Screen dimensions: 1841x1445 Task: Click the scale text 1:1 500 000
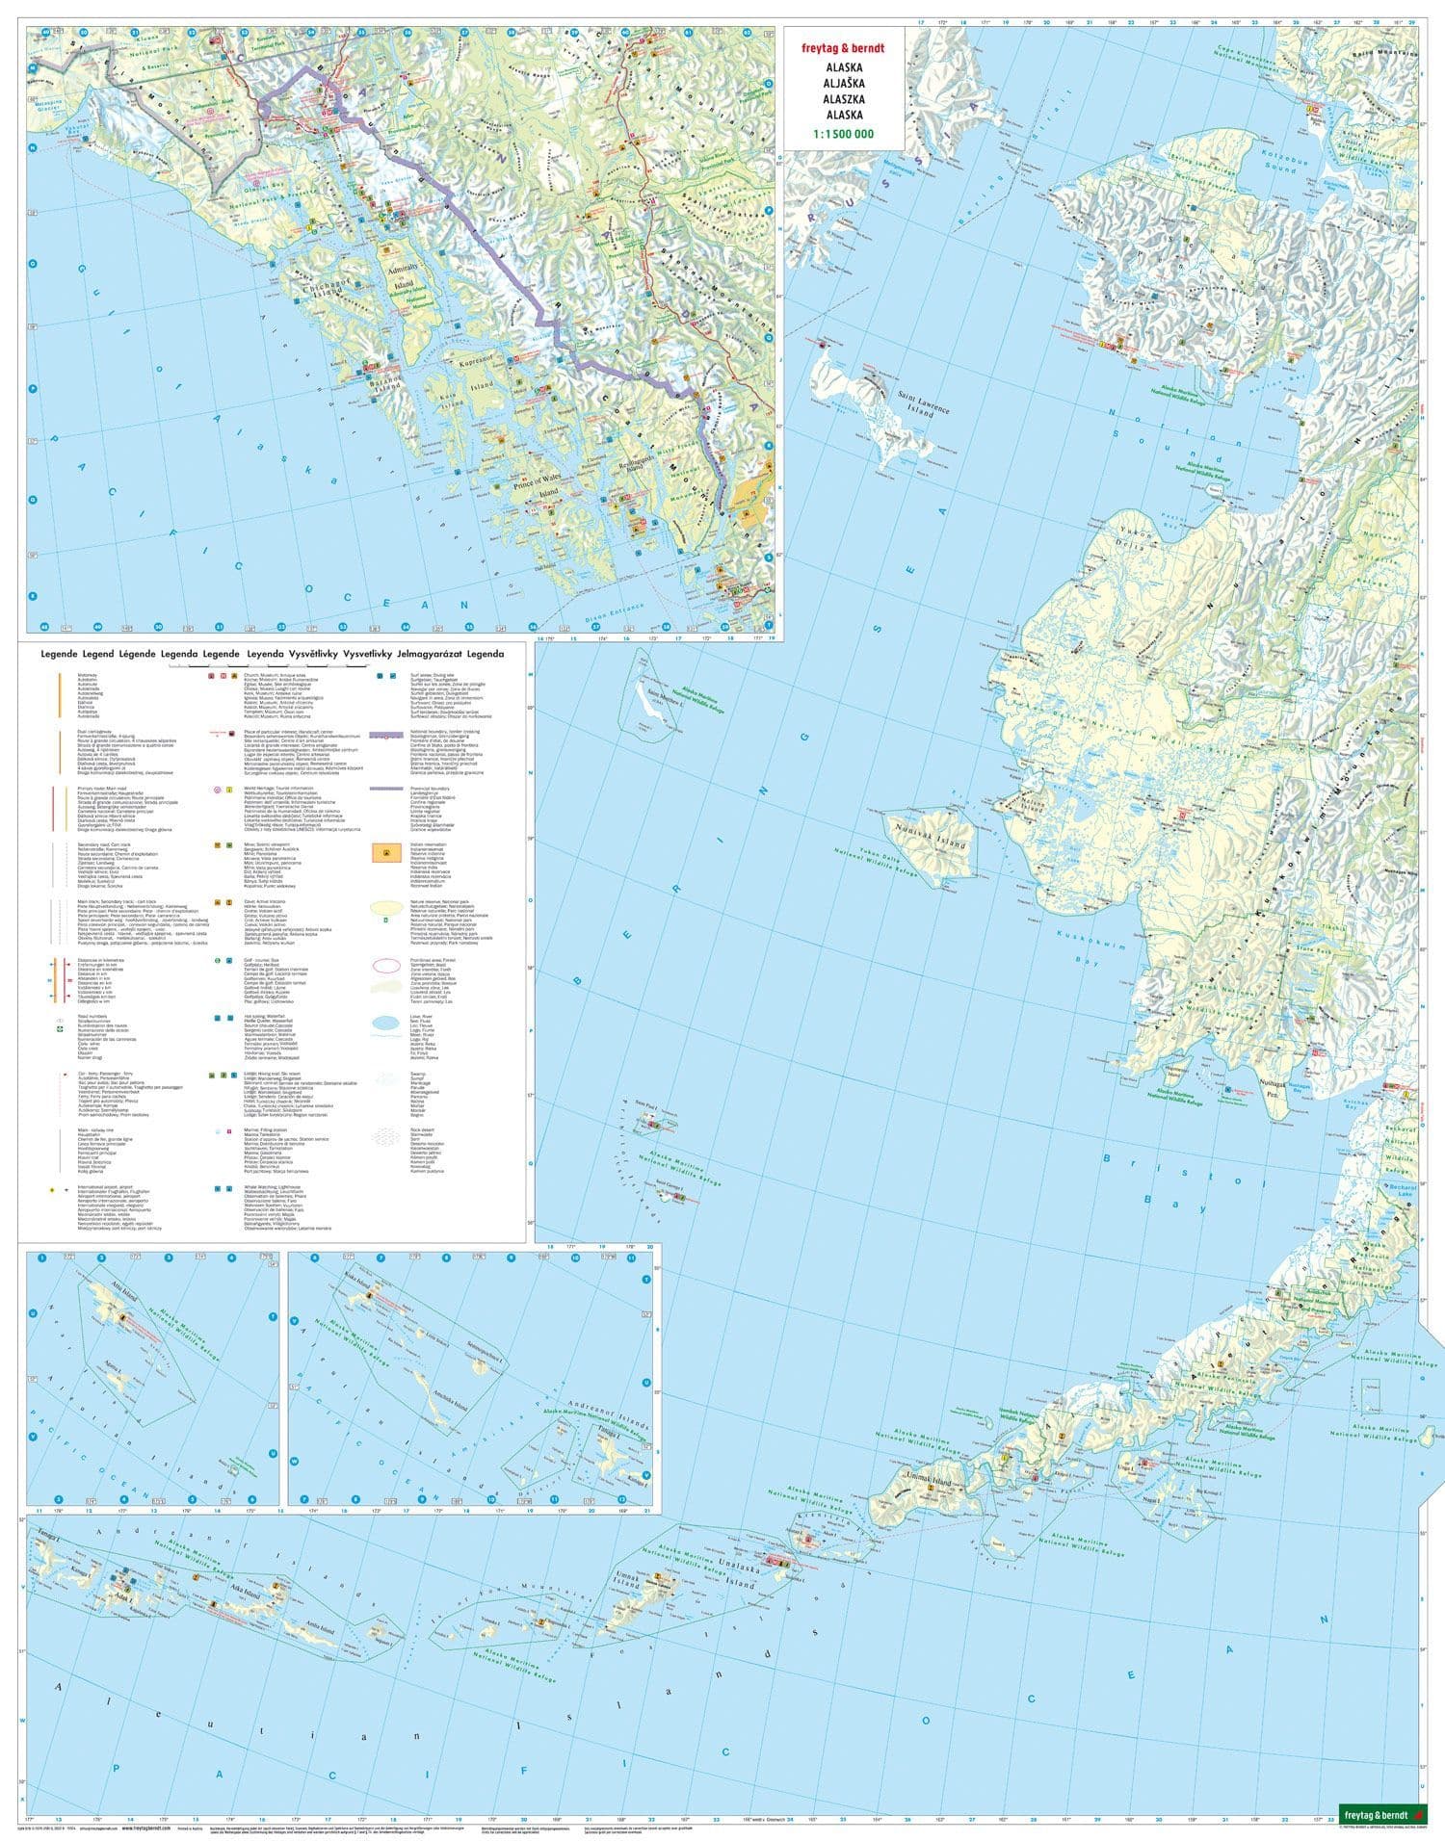pyautogui.click(x=844, y=134)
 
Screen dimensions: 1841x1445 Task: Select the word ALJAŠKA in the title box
pyautogui.click(x=844, y=84)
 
